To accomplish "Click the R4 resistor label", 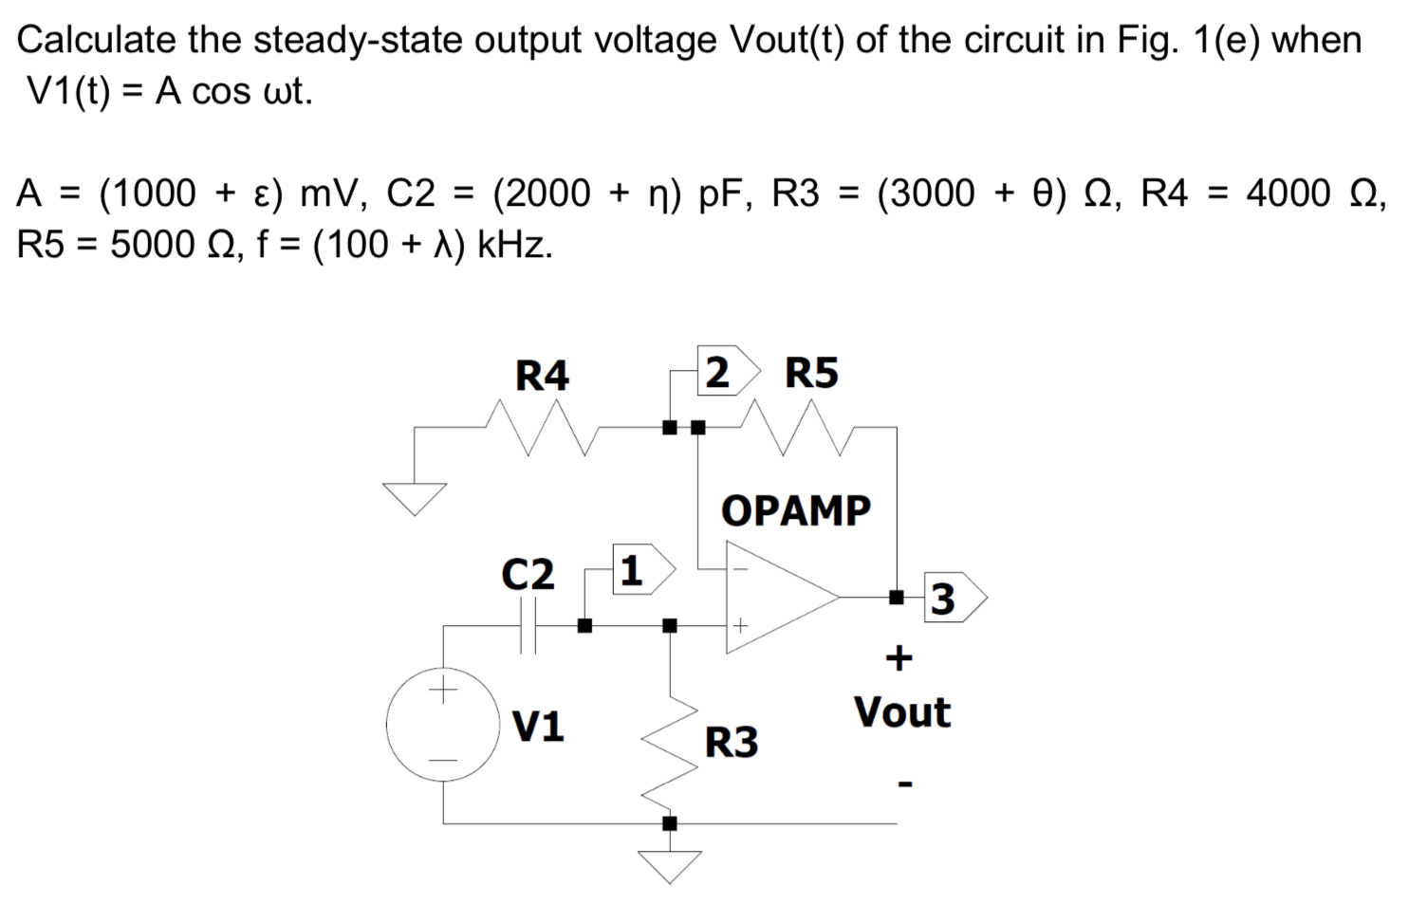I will click(541, 376).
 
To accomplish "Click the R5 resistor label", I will click(811, 373).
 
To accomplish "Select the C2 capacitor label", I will click(528, 574).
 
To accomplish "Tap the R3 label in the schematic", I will click(731, 742).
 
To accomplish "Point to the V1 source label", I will click(538, 727).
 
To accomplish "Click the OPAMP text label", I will click(795, 510).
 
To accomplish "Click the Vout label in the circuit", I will click(901, 711).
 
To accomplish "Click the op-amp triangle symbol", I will click(773, 599).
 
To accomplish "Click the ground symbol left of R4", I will click(414, 497).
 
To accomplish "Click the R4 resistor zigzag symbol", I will click(541, 427).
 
